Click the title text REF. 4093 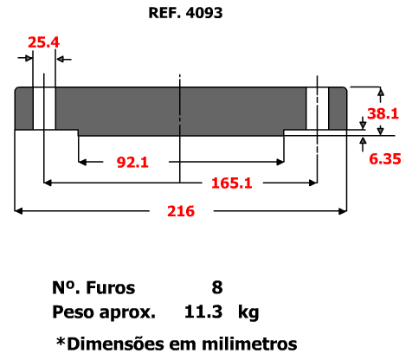click(x=185, y=13)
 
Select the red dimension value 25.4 click(x=43, y=42)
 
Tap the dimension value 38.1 click(x=383, y=113)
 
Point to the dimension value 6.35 click(x=385, y=159)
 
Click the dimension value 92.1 click(x=132, y=162)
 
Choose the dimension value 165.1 click(x=232, y=183)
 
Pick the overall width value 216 click(x=181, y=211)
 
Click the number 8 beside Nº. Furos click(x=217, y=287)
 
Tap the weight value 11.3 click(x=203, y=312)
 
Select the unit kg click(x=248, y=312)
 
